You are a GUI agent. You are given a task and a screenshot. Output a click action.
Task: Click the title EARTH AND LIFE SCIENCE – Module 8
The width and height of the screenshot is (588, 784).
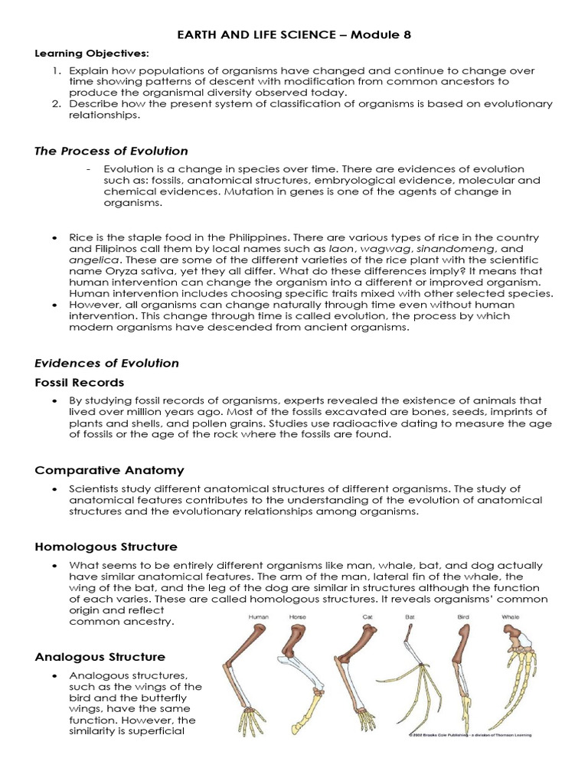[294, 35]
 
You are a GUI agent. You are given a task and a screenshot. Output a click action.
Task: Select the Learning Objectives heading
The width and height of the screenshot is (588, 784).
[81, 53]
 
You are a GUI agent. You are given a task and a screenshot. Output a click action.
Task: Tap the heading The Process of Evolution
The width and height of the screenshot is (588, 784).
[112, 151]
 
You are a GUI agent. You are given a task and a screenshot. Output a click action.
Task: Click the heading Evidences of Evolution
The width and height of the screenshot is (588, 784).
[107, 363]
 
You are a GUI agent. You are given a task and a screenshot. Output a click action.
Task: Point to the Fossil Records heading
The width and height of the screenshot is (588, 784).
[80, 382]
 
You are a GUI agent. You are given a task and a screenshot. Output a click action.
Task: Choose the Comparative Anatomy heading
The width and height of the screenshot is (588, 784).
[109, 470]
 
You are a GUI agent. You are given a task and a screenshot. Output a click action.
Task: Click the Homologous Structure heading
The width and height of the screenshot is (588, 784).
[106, 547]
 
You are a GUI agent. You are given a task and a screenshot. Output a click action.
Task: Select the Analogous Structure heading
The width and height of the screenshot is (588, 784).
[100, 657]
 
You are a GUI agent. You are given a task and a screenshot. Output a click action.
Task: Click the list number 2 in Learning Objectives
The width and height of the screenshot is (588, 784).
[56, 103]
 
